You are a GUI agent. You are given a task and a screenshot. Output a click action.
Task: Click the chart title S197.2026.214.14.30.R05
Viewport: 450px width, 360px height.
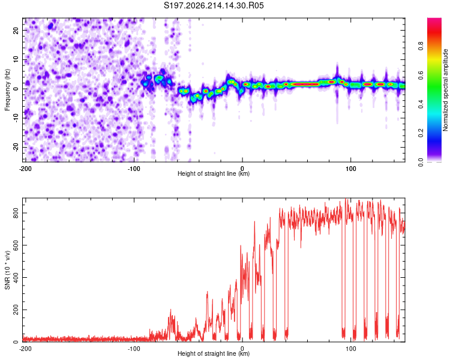point(214,5)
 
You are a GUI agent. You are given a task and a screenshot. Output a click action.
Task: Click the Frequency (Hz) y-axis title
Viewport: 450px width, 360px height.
point(7,90)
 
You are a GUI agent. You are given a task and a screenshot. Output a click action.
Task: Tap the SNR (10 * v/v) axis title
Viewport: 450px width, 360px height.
point(7,270)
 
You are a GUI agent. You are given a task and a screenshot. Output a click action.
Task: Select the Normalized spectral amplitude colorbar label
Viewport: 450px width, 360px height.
point(445,90)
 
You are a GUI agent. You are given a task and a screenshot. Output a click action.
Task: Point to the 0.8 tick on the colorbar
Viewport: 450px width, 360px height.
point(421,46)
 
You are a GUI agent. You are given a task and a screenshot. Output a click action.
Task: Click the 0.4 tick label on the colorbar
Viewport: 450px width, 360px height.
point(421,104)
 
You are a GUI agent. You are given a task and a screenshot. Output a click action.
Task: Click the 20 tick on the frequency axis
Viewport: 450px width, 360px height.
point(16,30)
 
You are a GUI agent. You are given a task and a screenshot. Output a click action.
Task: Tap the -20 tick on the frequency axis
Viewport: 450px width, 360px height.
point(16,147)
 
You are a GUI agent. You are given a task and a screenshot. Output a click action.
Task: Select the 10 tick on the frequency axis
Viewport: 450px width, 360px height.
point(16,59)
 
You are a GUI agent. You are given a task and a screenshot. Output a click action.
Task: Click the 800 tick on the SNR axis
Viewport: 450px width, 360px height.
point(16,213)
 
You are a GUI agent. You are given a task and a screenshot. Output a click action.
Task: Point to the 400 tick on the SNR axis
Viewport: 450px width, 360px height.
point(16,278)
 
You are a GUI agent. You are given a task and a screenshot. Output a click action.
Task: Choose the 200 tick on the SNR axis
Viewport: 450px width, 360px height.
point(16,310)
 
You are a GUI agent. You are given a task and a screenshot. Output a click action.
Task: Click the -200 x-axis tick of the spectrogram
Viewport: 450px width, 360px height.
point(25,169)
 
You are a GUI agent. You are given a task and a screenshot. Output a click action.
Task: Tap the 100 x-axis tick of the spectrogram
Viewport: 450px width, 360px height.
point(350,169)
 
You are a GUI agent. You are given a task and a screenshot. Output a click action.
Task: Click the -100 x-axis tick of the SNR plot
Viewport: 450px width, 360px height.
point(134,349)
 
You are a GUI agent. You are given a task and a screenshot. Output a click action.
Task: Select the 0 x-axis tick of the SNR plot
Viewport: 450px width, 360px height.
point(242,349)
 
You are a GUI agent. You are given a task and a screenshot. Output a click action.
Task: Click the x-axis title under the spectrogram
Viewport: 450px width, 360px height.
point(214,173)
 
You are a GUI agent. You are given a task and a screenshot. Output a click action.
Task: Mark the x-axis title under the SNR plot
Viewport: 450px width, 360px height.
point(214,353)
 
